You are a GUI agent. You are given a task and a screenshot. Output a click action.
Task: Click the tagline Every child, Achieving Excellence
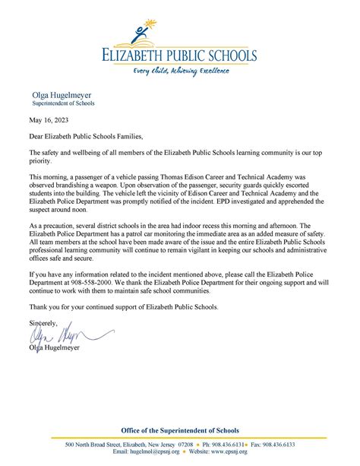(x=181, y=70)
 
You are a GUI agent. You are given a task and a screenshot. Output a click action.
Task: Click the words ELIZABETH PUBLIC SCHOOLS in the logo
(x=181, y=55)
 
